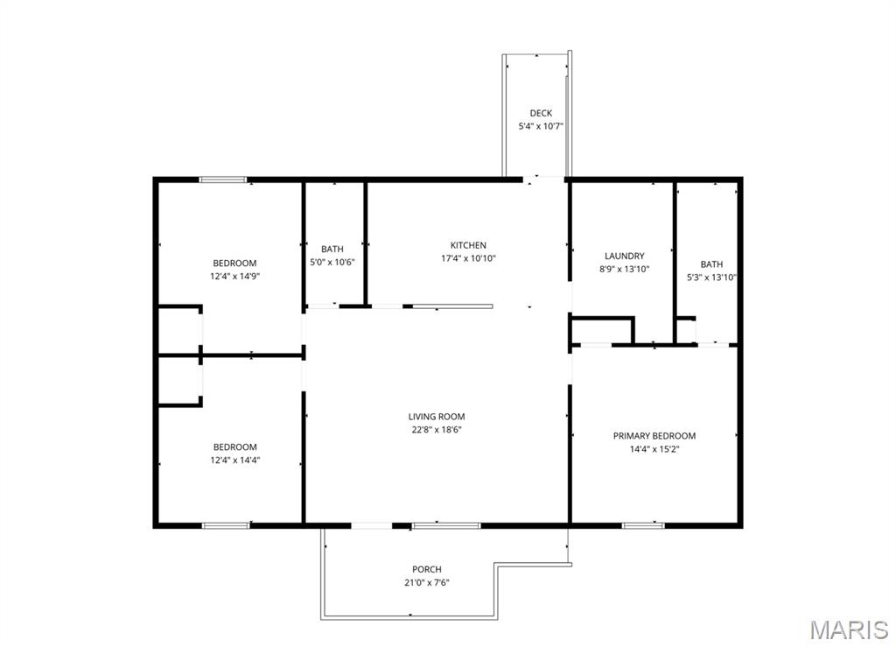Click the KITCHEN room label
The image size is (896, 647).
click(x=468, y=245)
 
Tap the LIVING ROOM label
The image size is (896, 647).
click(x=437, y=417)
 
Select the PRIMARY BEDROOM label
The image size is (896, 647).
click(x=654, y=435)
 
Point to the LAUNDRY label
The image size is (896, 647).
click(x=625, y=256)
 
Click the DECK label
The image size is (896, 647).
click(x=541, y=113)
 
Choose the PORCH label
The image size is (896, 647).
click(x=427, y=569)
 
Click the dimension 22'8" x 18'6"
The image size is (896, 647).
click(x=437, y=430)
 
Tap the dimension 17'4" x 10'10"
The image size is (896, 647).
click(x=468, y=258)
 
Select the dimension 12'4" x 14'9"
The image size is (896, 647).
click(x=234, y=276)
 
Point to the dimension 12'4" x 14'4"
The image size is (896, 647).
click(x=234, y=461)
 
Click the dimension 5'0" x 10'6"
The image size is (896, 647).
click(x=332, y=263)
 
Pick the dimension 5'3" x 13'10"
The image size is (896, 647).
click(x=711, y=278)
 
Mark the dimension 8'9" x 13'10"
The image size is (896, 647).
click(x=625, y=269)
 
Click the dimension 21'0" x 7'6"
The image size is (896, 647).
click(x=427, y=583)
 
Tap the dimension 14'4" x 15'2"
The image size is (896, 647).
click(x=654, y=449)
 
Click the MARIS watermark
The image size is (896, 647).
click(x=849, y=629)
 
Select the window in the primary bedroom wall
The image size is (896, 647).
click(x=643, y=525)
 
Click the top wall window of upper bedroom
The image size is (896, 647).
click(x=223, y=180)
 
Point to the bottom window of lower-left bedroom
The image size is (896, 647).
click(x=226, y=525)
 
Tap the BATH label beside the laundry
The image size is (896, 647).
click(x=711, y=264)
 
